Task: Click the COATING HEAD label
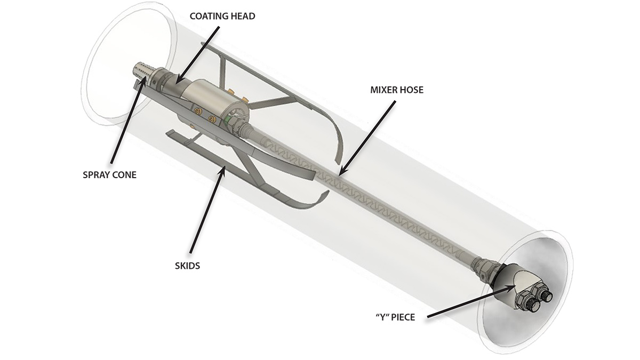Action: pyautogui.click(x=222, y=16)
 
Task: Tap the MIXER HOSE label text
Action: pyautogui.click(x=397, y=90)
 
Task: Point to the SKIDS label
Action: pyautogui.click(x=187, y=265)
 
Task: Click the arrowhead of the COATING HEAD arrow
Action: pyautogui.click(x=177, y=82)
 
